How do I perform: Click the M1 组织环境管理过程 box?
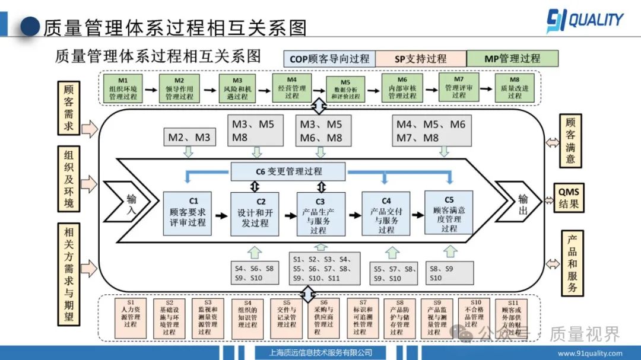pyautogui.click(x=123, y=88)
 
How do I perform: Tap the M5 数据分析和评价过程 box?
pyautogui.click(x=346, y=90)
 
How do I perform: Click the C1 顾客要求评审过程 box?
pyautogui.click(x=188, y=213)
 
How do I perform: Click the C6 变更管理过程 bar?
pyautogui.click(x=288, y=171)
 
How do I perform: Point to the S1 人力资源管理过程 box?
pyautogui.click(x=131, y=317)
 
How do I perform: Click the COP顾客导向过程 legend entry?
pyautogui.click(x=329, y=59)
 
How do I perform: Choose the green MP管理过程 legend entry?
pyautogui.click(x=512, y=58)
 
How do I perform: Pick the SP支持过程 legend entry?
pyautogui.click(x=420, y=59)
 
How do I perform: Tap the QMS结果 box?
pyautogui.click(x=568, y=197)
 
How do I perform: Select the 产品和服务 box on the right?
pyautogui.click(x=572, y=263)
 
